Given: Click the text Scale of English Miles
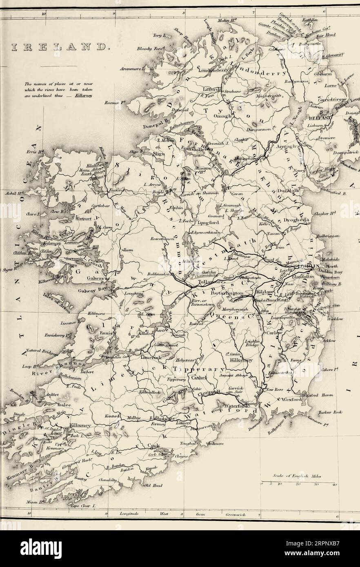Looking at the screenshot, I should [x=292, y=476].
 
